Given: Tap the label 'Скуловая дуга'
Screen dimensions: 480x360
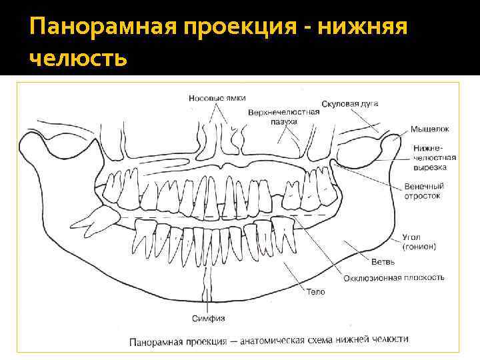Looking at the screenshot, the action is point(350,104).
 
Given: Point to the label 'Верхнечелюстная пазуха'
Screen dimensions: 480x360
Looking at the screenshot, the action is point(283,117).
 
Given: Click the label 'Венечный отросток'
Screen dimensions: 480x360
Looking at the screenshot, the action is point(423,191).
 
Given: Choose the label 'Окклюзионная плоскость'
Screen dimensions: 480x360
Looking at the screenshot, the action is point(394,277).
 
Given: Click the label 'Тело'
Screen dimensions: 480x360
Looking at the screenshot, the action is point(316,292).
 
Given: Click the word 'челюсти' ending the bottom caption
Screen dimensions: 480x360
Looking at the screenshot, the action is point(391,339).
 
